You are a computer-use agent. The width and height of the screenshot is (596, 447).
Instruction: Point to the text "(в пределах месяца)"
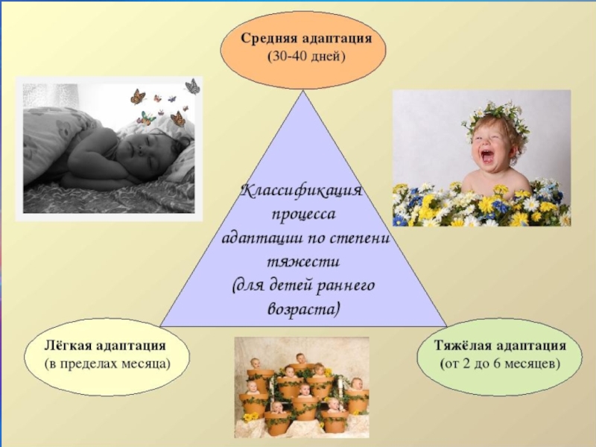coord(107,364)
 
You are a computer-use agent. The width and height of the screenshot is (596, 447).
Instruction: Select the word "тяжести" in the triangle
coord(302,262)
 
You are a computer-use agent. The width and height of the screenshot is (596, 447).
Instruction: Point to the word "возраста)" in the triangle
coord(302,309)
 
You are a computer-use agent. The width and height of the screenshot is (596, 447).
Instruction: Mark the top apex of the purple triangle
coord(302,90)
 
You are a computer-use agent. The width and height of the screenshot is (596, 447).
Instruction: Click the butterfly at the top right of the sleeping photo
coord(192,86)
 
